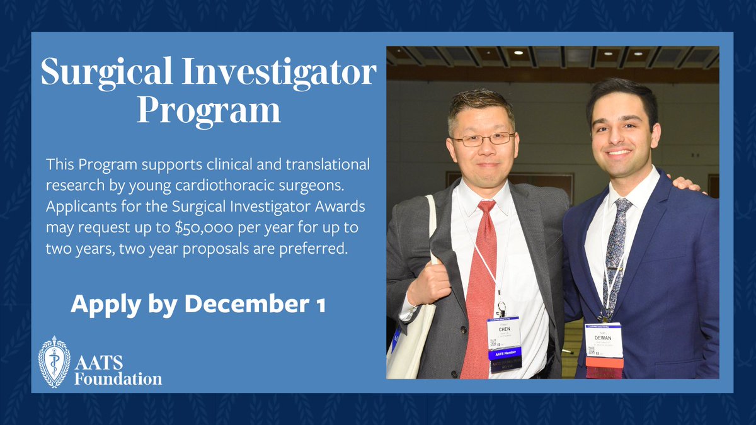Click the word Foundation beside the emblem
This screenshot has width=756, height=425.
[x=118, y=379]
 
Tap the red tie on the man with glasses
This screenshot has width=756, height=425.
[x=479, y=283]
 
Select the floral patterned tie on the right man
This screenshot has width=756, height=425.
[x=612, y=252]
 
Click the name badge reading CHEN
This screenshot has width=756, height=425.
[x=503, y=332]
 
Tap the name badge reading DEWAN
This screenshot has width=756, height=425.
[x=604, y=340]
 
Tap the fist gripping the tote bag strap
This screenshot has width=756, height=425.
[x=430, y=283]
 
